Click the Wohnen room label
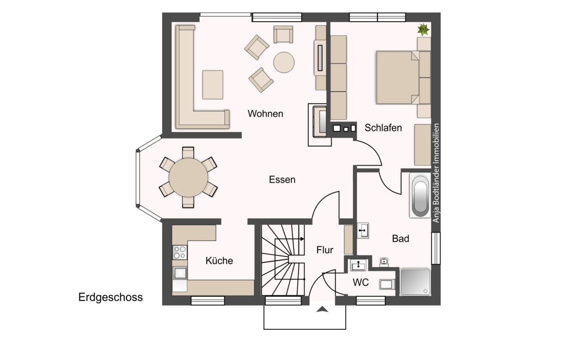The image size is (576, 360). [265, 114]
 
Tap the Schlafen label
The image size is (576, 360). [383, 128]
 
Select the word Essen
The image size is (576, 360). [282, 180]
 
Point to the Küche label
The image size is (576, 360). [219, 261]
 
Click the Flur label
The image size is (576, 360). [325, 250]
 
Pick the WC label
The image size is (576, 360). [361, 282]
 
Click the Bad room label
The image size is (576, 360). [400, 238]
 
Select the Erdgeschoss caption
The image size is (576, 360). [111, 297]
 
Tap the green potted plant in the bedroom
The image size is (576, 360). [423, 29]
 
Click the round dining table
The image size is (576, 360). [188, 177]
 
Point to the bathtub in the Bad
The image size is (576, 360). [420, 195]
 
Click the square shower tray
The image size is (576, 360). [415, 282]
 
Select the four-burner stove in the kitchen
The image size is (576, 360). [180, 252]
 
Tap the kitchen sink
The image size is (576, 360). [180, 273]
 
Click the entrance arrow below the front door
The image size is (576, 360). [322, 309]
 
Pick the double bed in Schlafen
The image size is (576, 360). [403, 77]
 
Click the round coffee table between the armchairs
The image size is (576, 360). [284, 63]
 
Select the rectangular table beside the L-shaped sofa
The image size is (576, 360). [213, 85]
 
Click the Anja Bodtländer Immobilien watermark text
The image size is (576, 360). [436, 173]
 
